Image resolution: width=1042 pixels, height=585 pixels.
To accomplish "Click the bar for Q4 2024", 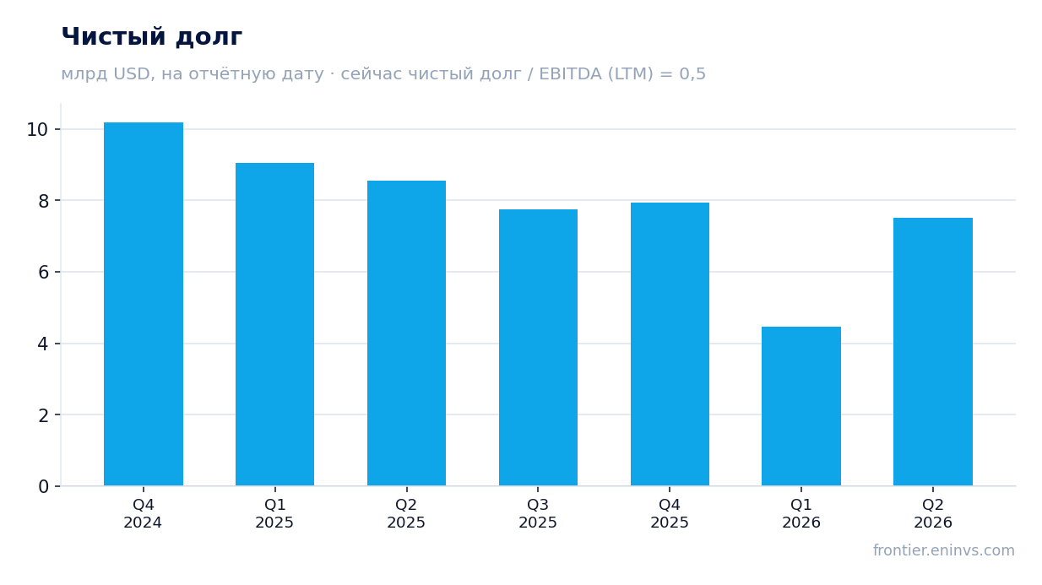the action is (144, 304).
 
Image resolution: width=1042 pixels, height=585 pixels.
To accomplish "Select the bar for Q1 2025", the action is (275, 324).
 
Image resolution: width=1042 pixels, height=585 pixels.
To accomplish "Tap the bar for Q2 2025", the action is (406, 333).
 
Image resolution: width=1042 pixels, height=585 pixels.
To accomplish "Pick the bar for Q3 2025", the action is (538, 348).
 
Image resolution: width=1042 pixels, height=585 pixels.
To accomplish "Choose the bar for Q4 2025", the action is (670, 344).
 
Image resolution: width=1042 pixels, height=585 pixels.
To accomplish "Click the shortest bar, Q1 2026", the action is (801, 406).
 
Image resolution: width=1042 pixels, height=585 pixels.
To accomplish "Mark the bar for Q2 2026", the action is (933, 352).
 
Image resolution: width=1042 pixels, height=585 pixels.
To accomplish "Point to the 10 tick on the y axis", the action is (37, 130).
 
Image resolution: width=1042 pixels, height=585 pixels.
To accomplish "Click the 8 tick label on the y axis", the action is (43, 202).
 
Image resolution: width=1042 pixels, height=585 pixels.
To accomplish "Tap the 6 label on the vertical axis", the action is (43, 273).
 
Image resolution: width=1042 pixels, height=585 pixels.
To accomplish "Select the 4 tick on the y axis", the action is (43, 344).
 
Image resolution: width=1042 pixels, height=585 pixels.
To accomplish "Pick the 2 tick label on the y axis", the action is (43, 415).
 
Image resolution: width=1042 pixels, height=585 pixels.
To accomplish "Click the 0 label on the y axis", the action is (43, 487).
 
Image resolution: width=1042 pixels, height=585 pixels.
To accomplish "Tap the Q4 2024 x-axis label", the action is (143, 513).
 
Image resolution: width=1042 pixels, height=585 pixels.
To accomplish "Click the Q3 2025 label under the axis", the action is (538, 513).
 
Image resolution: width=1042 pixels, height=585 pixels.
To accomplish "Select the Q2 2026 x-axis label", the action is (933, 513).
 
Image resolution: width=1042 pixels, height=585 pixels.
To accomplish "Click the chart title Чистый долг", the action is (152, 37).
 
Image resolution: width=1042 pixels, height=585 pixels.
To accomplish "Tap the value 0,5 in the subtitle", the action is (692, 74).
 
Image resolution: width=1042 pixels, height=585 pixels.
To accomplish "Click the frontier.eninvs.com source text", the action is (943, 550).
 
